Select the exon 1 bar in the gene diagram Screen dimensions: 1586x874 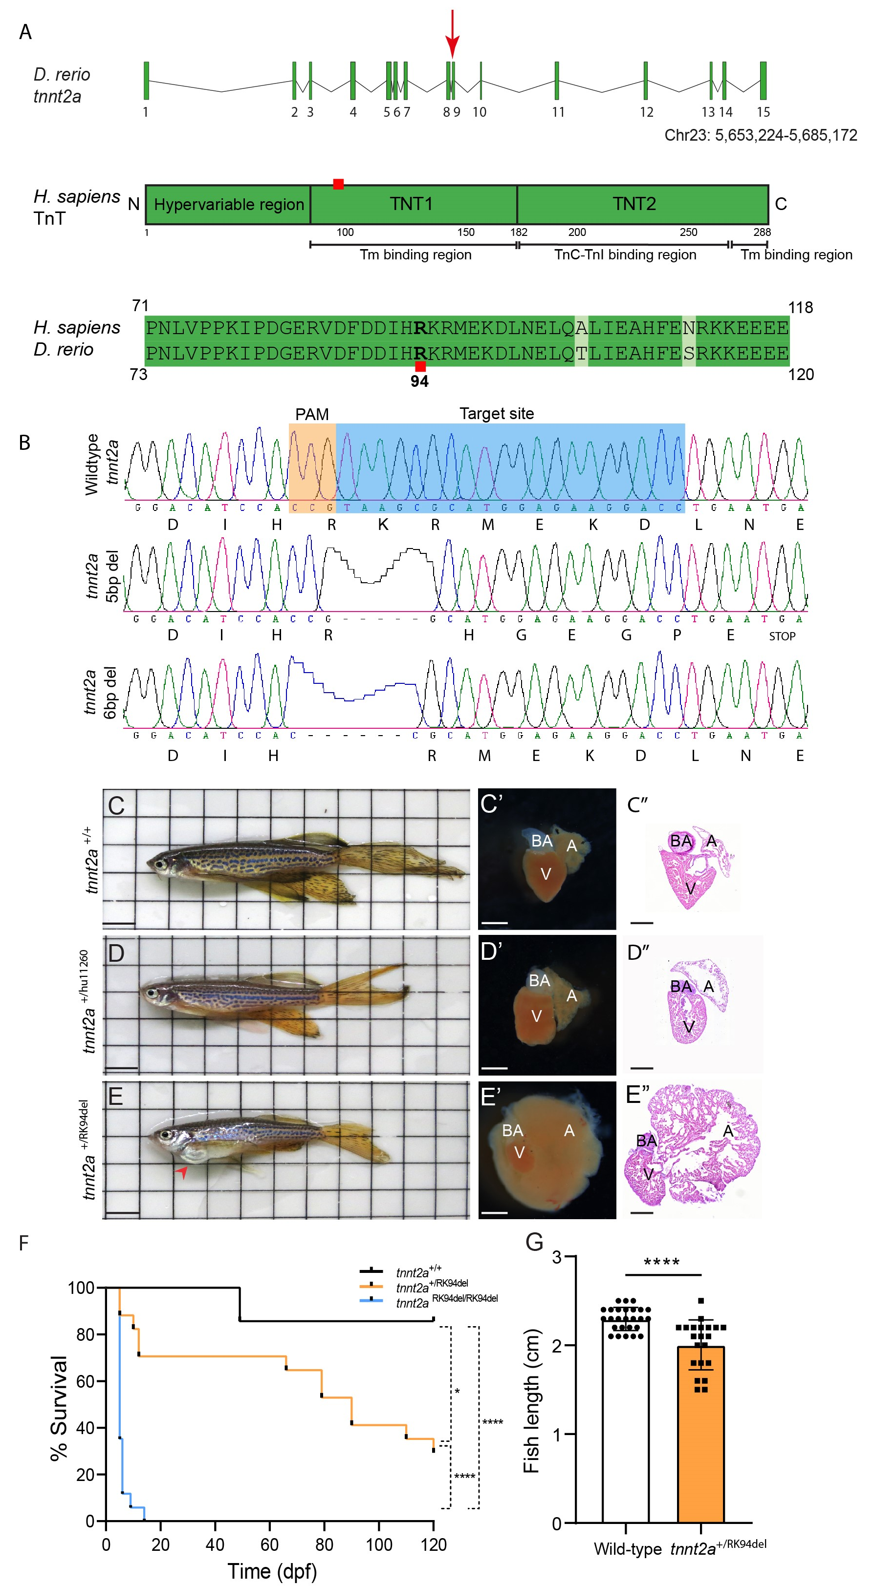[147, 81]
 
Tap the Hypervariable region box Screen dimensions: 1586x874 [228, 204]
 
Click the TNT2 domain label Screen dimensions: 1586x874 [634, 204]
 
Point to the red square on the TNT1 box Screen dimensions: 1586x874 [338, 184]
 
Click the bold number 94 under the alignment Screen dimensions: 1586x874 [419, 381]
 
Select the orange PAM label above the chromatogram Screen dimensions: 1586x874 [312, 414]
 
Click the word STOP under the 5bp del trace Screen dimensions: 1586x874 [782, 636]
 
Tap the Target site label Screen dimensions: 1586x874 [497, 414]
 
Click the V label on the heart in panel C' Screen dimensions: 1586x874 [545, 874]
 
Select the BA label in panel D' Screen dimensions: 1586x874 [540, 980]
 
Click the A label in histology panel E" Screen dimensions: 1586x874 [728, 1131]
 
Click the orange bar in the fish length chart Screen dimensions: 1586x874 [700, 1435]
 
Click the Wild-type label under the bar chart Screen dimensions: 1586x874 [627, 1549]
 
